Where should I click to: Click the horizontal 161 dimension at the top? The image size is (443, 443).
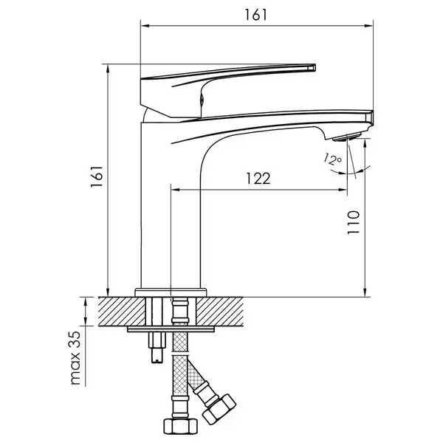[x=255, y=15]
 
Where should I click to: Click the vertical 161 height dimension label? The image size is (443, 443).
[x=97, y=176]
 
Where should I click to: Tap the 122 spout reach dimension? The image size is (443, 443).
[x=258, y=178]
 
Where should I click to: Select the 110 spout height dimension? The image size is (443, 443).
[x=353, y=222]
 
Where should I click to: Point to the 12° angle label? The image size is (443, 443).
[x=332, y=159]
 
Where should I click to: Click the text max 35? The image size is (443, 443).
[x=75, y=358]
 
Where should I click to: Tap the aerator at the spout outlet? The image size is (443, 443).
[x=347, y=137]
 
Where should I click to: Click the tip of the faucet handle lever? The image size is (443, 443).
[x=315, y=67]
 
